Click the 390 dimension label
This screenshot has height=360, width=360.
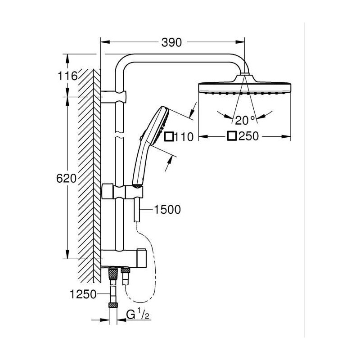171,42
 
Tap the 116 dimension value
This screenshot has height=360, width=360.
67,76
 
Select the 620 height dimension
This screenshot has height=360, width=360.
66,178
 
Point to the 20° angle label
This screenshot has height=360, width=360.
245,120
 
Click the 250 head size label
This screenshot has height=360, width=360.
249,136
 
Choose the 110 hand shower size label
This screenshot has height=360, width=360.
184,137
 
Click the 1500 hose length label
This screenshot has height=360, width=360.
167,210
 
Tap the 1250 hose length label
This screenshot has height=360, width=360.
83,294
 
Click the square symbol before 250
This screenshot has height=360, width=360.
232,136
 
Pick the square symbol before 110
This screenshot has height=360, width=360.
170,137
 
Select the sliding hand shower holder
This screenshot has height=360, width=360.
122,192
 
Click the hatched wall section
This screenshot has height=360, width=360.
89,175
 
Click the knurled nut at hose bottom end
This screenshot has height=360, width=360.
113,305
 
